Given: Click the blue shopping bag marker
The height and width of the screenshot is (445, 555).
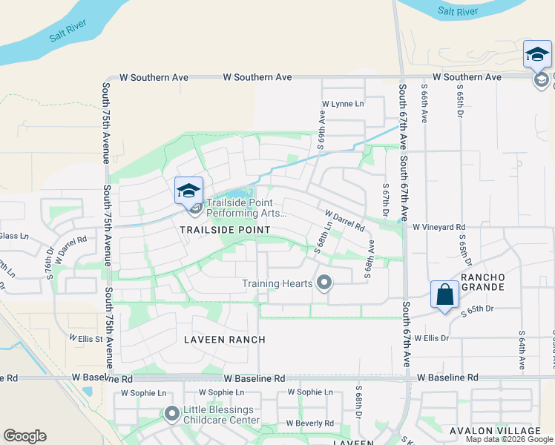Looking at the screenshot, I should (x=444, y=295).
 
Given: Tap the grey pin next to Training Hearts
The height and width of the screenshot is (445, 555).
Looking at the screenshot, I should (x=324, y=283).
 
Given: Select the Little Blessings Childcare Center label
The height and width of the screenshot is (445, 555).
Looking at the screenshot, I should (x=219, y=415).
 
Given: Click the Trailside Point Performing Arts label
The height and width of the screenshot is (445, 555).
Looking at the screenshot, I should (x=246, y=207).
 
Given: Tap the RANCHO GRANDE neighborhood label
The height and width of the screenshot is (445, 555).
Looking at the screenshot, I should (x=483, y=282).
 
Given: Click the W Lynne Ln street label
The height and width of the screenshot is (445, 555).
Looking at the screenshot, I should (x=344, y=105).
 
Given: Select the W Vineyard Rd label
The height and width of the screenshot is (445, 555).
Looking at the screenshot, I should (x=439, y=227).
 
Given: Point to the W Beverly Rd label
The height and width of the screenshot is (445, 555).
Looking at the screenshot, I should (x=310, y=423).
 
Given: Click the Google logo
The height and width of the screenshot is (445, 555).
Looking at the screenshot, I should (x=24, y=436).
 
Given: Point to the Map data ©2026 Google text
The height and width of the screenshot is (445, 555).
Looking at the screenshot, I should (x=509, y=439).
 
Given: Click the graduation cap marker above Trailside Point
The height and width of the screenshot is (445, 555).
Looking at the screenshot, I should (x=188, y=191).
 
